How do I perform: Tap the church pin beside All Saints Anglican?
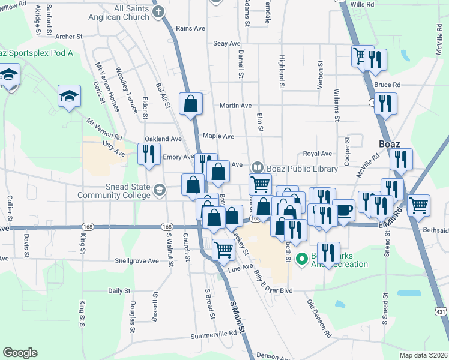pyautogui.click(x=158, y=13)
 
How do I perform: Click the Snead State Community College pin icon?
pyautogui.click(x=159, y=190)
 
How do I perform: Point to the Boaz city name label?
pyautogui.click(x=394, y=144)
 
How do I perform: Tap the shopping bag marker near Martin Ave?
pyautogui.click(x=190, y=103)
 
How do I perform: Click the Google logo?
pyautogui.click(x=20, y=353)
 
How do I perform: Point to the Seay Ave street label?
pyautogui.click(x=227, y=44)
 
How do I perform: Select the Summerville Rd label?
pyautogui.click(x=214, y=333)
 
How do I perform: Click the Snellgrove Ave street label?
pyautogui.click(x=137, y=261)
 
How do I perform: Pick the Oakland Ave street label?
pyautogui.click(x=163, y=139)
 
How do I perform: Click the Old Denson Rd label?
pyautogui.click(x=319, y=318)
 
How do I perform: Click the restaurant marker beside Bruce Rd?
pyautogui.click(x=385, y=103)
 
